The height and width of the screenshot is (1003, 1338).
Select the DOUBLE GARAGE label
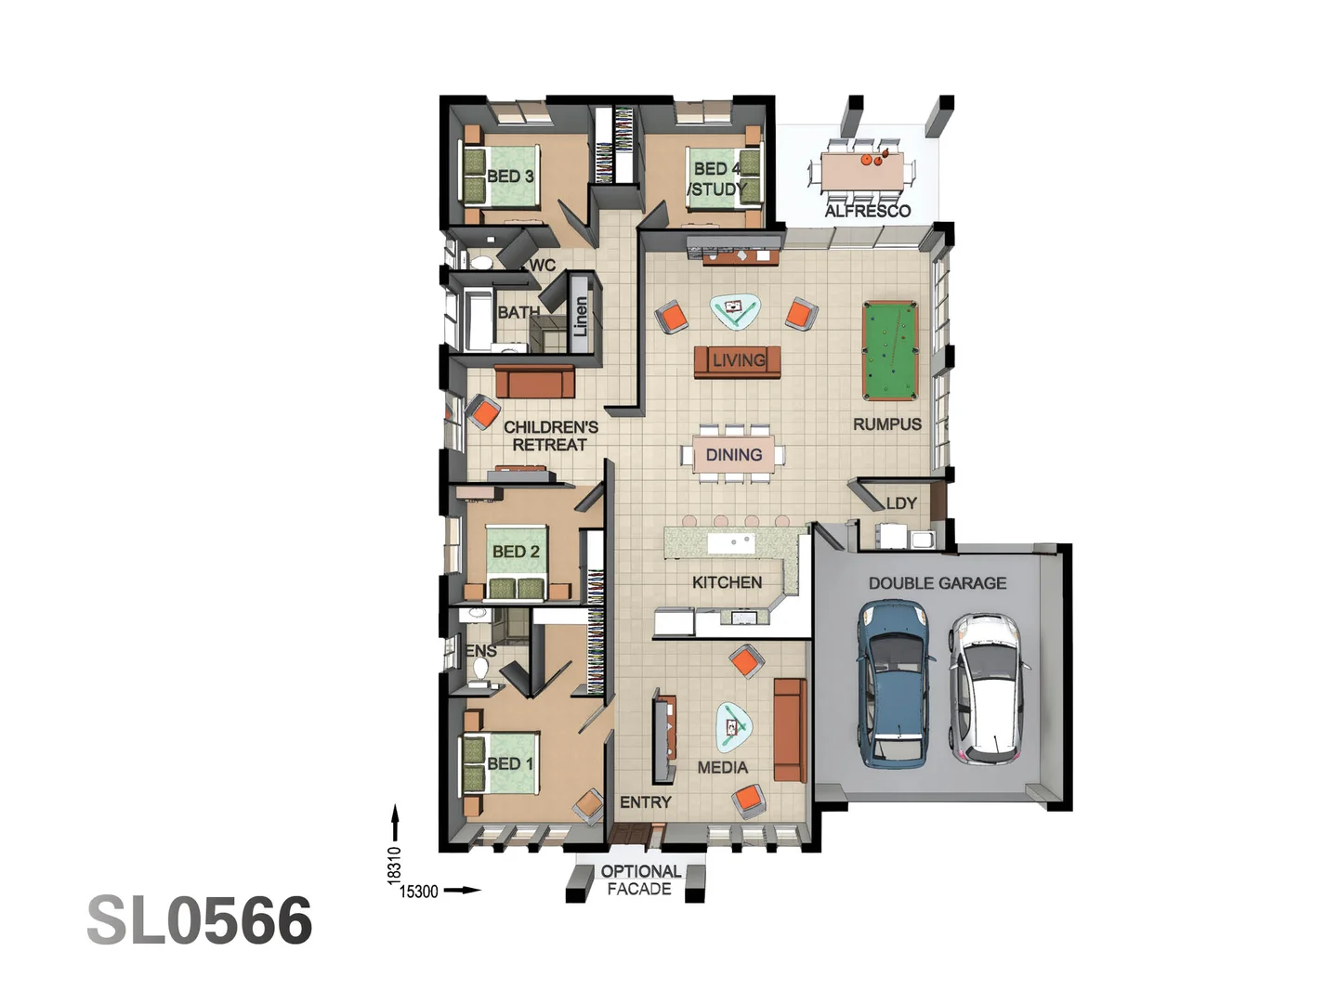pos(937,583)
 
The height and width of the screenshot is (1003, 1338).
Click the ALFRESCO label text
pos(867,211)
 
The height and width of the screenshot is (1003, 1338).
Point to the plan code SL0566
pos(200,921)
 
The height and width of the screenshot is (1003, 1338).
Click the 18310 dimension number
pos(394,864)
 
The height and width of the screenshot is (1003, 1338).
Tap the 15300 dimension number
pos(418,892)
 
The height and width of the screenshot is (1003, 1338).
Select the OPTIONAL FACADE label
pos(640,879)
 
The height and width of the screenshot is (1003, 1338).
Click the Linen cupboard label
pos(581,316)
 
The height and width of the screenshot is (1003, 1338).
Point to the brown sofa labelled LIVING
pos(737,360)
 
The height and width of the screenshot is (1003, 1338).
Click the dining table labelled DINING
pos(733,454)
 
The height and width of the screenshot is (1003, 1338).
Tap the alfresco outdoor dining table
pos(861,171)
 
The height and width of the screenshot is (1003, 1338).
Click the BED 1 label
pos(510,763)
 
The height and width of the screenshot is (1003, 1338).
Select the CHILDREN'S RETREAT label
pos(550,436)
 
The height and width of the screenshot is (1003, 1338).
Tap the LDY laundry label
pos(900,503)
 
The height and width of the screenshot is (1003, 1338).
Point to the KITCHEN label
pos(727,582)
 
